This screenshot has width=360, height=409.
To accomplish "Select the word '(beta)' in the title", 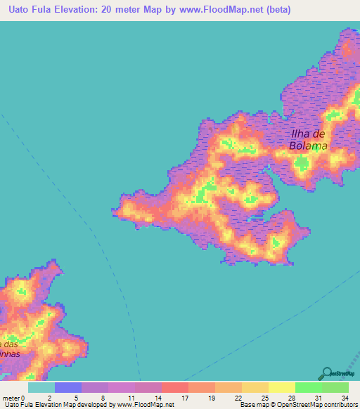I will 276,10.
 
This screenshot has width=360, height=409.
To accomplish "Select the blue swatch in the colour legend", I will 67,387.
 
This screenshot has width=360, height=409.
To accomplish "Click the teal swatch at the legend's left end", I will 41,387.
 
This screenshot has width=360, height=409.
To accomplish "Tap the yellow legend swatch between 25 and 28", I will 281,387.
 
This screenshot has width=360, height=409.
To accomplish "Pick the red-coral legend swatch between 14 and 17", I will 174,387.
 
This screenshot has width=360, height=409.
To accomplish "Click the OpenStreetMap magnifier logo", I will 327,373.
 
